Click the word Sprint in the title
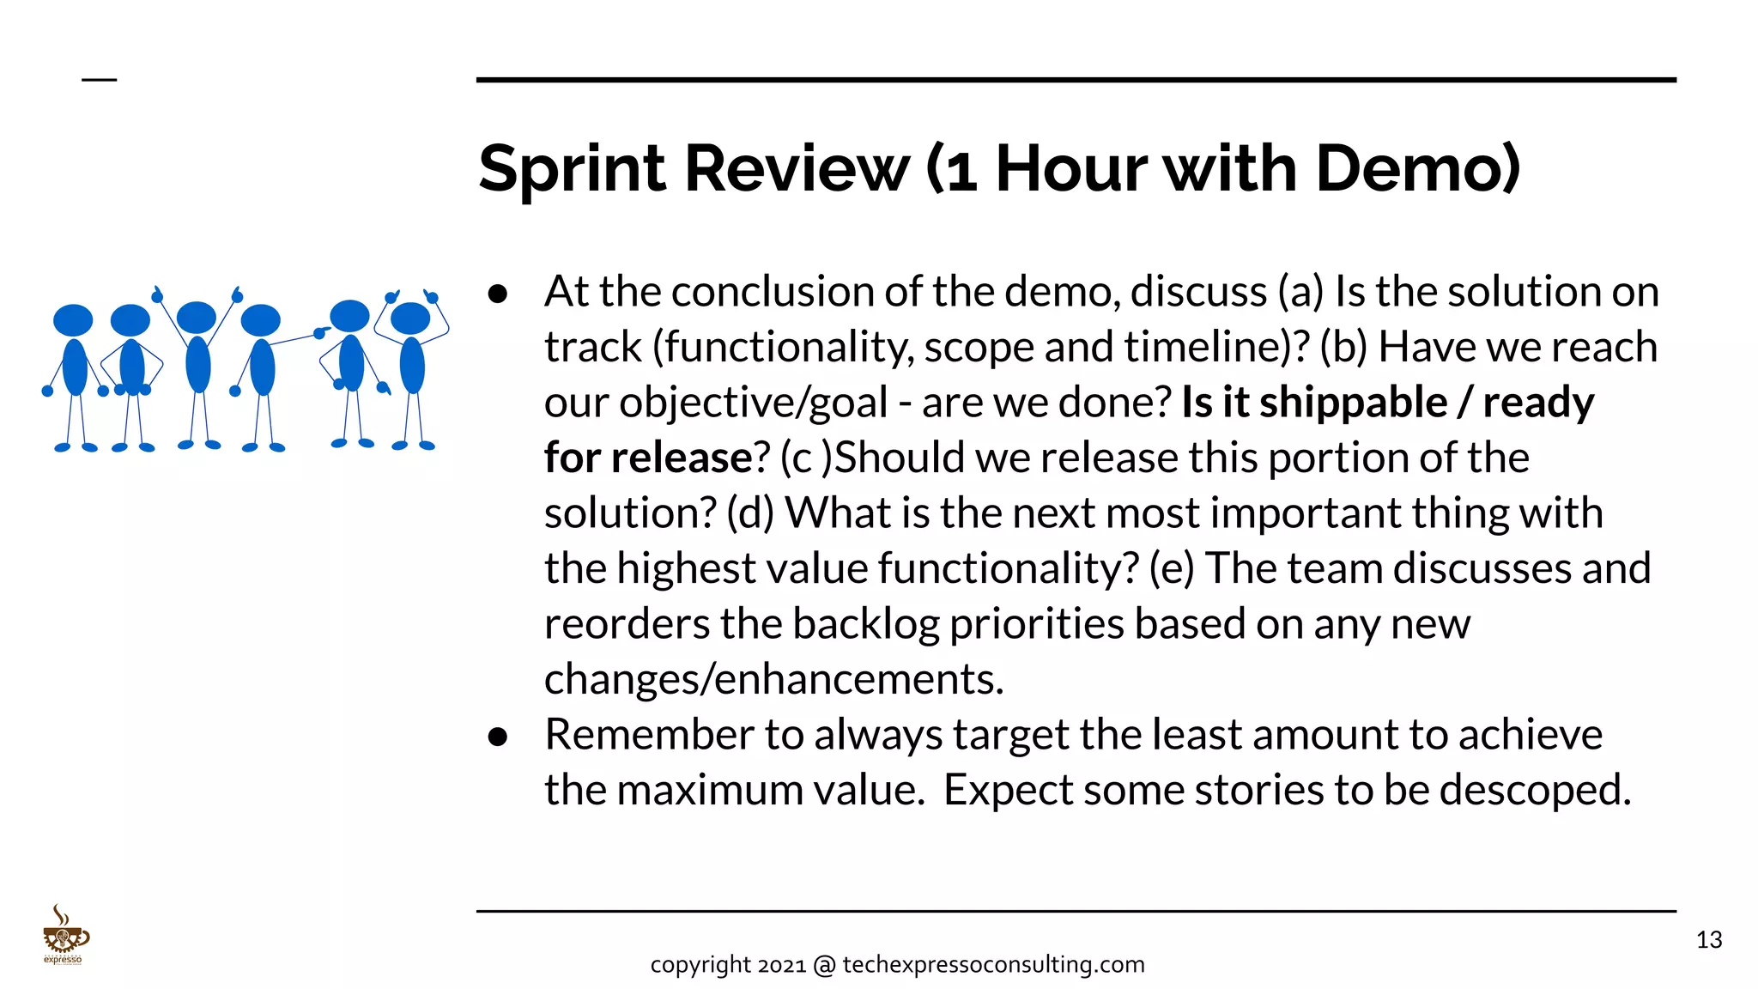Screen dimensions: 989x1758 coord(572,170)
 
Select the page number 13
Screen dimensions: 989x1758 coord(1709,940)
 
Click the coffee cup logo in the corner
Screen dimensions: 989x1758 coord(64,936)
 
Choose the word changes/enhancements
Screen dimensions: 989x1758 coord(773,680)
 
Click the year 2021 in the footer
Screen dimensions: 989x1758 coord(782,965)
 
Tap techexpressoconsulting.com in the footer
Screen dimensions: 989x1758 coord(993,965)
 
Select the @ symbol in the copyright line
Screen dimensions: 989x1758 coord(824,966)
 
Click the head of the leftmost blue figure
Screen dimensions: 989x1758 coord(73,320)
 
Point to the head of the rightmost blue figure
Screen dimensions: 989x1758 coord(410,319)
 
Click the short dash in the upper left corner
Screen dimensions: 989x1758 coord(100,80)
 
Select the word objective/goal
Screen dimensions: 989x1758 coord(754,403)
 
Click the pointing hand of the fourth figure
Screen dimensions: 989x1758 coord(322,332)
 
